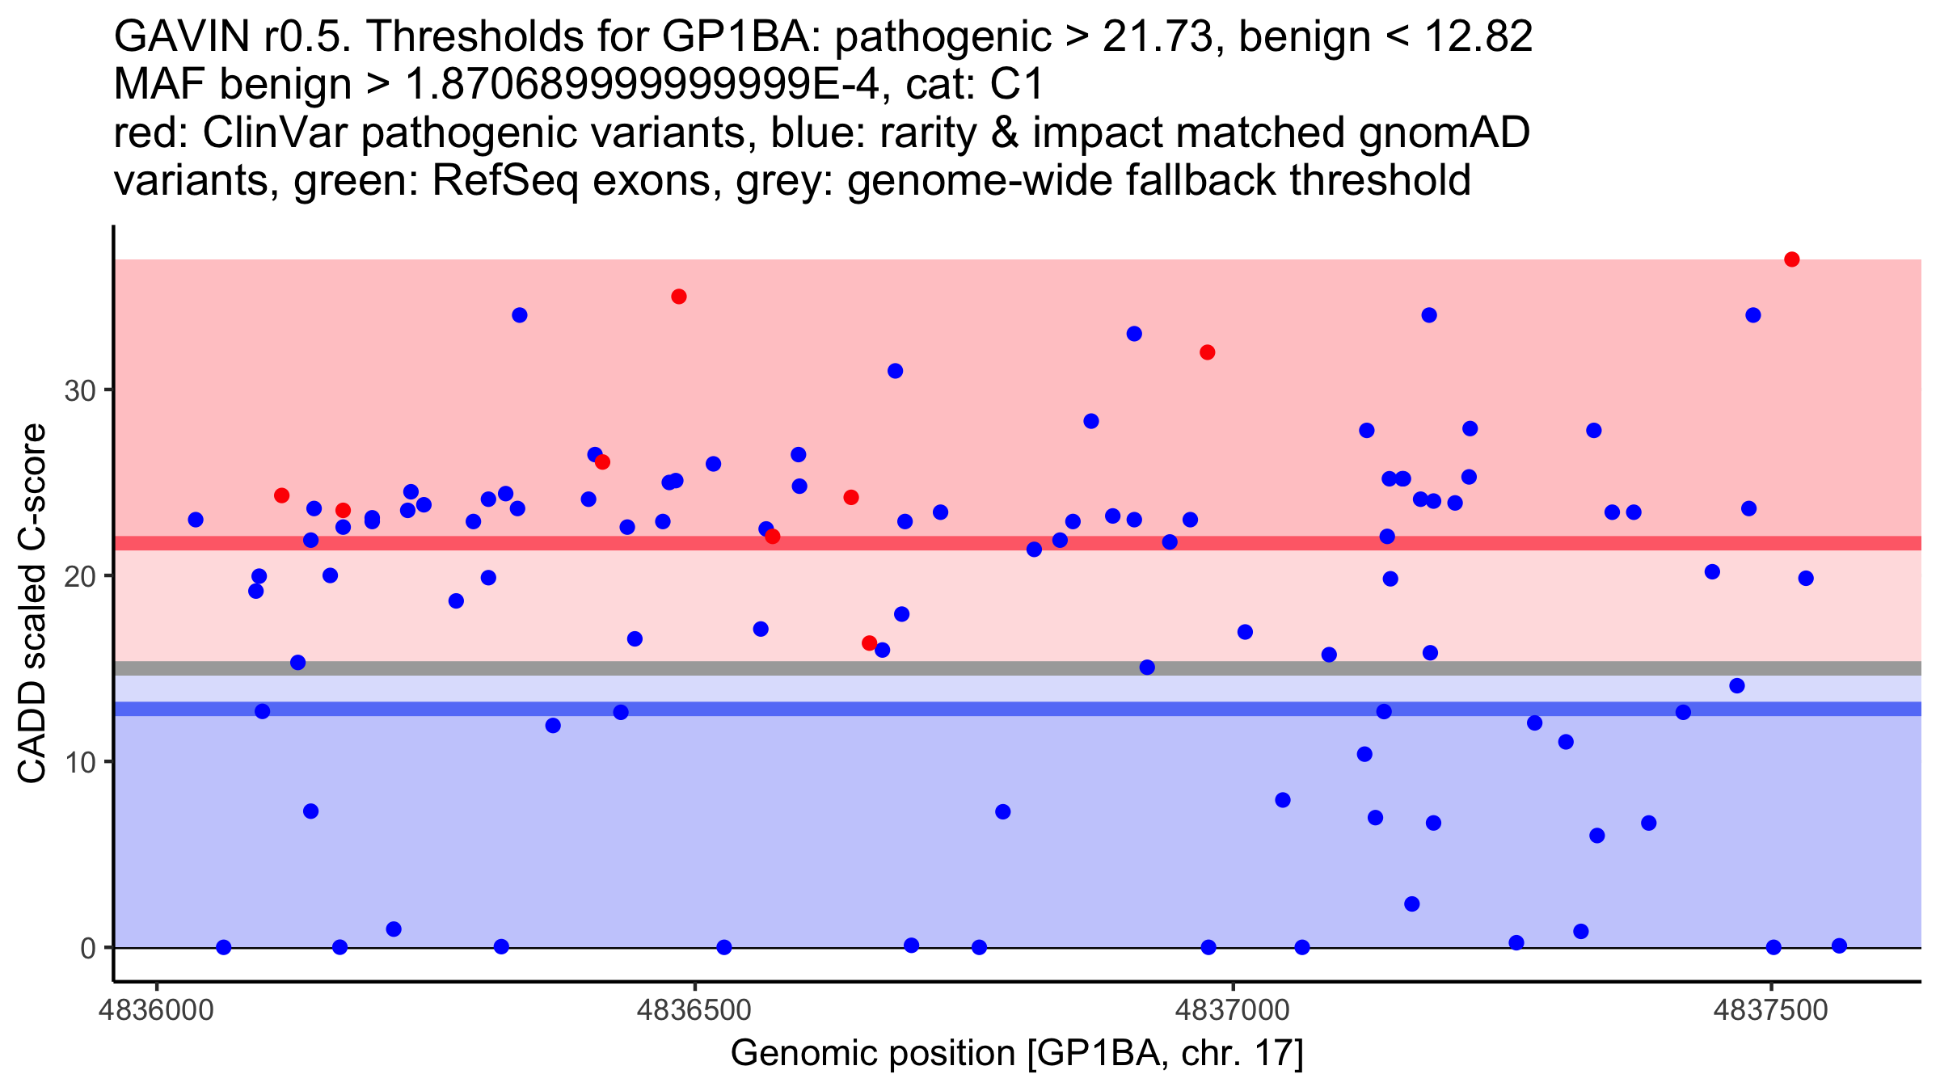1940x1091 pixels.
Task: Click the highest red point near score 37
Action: click(x=1791, y=259)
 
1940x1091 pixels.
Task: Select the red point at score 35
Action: click(x=679, y=297)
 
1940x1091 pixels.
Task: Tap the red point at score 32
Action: click(x=1208, y=352)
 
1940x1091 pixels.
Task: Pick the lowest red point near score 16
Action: click(x=869, y=643)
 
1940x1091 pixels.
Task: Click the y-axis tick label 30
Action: click(x=79, y=391)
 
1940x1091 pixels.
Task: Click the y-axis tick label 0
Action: click(x=88, y=948)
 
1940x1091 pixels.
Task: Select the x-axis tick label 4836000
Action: click(x=157, y=1011)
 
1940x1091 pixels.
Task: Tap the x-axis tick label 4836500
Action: click(x=694, y=1011)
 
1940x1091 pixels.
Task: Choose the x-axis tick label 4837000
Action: click(x=1233, y=1011)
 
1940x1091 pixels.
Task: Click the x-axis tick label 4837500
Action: click(x=1770, y=1011)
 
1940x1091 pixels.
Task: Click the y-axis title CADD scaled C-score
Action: click(x=32, y=604)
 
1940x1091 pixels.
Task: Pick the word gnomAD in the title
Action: click(x=1444, y=133)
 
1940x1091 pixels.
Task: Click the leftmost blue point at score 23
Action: click(x=196, y=520)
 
